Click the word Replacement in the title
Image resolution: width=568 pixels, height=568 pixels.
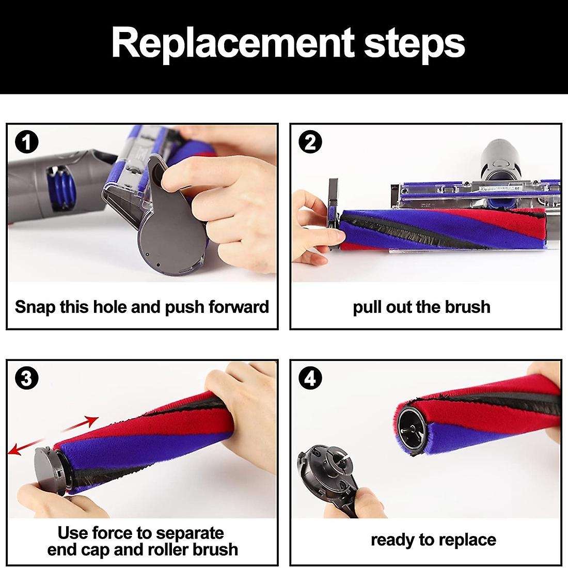click(x=232, y=43)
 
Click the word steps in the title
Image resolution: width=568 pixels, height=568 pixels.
click(x=415, y=45)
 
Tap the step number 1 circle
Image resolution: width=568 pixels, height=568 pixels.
click(x=26, y=143)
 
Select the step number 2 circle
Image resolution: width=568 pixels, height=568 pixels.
click(x=310, y=143)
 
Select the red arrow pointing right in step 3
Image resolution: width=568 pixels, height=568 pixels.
click(x=80, y=424)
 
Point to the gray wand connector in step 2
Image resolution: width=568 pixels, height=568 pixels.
click(x=502, y=160)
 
